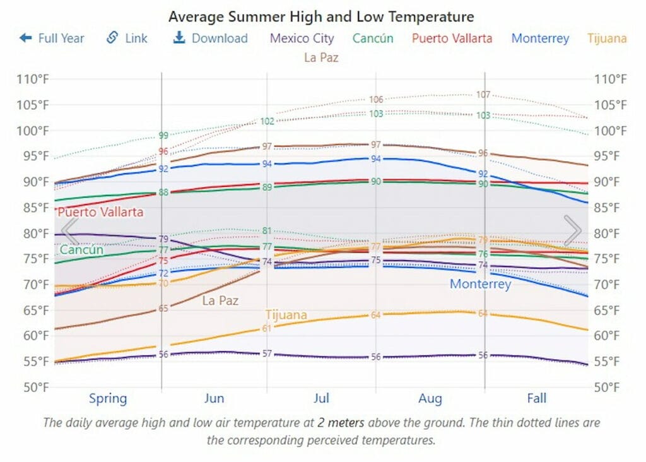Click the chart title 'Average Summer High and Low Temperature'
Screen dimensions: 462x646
point(321,16)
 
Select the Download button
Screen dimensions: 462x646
point(210,38)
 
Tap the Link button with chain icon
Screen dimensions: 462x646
point(127,38)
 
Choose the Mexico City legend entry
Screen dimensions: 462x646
point(302,38)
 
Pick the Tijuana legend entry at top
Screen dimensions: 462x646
point(607,38)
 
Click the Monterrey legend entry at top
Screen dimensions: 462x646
point(540,38)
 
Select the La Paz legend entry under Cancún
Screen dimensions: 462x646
point(321,57)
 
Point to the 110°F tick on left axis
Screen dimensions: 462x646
point(33,80)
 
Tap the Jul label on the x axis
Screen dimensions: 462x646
point(321,398)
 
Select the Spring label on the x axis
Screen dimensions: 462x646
point(108,398)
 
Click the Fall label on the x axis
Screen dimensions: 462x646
point(537,398)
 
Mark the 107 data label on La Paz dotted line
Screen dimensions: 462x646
point(483,95)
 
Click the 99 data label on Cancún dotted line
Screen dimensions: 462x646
point(163,136)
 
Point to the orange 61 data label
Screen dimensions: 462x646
point(267,328)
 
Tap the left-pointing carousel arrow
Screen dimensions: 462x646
point(69,231)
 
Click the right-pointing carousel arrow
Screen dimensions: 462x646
point(572,231)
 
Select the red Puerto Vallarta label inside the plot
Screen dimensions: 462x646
point(100,212)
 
